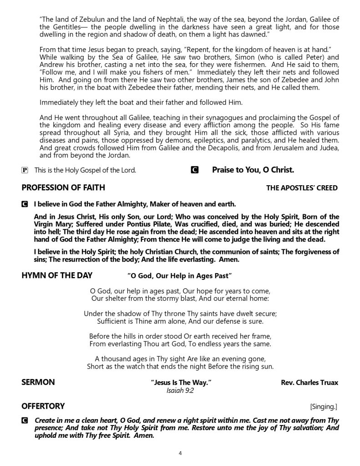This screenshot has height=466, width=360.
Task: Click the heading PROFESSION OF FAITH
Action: click(63, 187)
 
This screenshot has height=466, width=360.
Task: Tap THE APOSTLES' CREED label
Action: click(302, 188)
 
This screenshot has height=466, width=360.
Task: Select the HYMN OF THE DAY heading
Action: click(57, 275)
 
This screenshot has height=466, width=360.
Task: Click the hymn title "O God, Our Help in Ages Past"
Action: click(179, 276)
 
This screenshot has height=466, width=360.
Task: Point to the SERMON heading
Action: click(38, 382)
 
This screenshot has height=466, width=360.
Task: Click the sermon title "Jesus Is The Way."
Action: click(181, 383)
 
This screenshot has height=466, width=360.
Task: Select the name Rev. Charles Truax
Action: click(309, 383)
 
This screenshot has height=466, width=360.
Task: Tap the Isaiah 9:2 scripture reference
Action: click(180, 390)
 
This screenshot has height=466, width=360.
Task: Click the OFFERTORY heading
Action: click(43, 406)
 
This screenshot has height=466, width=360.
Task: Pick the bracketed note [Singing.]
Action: click(324, 406)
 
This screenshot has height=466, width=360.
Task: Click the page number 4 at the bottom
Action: click(180, 453)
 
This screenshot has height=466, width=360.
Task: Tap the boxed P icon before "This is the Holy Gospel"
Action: click(25, 170)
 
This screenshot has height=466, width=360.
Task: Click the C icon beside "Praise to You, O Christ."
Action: click(194, 170)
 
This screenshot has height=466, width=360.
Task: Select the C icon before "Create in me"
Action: click(25, 421)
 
